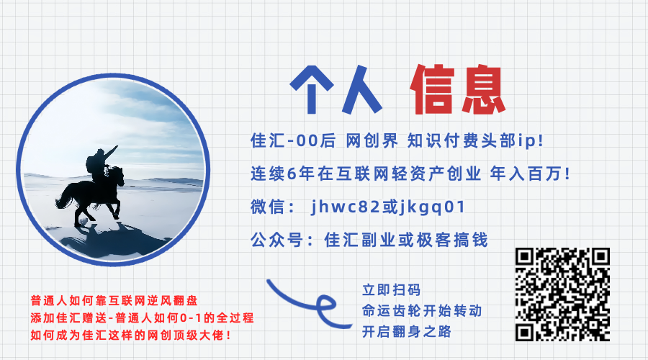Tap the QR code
tap(563, 294)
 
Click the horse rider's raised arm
tap(109, 152)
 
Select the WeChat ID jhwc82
tap(343, 207)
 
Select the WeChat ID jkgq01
tap(430, 207)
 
